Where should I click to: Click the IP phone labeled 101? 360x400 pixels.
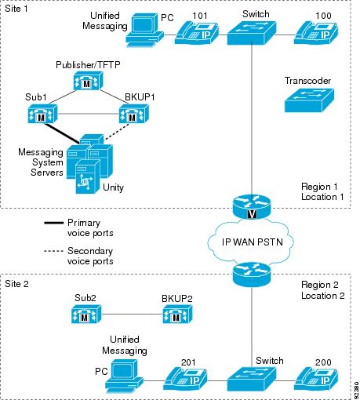point(197,33)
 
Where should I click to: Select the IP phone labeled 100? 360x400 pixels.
point(316,33)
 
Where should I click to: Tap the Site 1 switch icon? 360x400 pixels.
point(252,33)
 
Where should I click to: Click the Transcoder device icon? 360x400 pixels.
point(309,100)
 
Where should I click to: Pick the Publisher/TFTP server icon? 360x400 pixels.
point(88,81)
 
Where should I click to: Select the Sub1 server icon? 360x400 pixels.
point(42,114)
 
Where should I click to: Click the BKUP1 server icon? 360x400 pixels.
point(134,114)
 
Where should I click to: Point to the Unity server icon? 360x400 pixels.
point(88,176)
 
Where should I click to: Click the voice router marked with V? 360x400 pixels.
point(252,208)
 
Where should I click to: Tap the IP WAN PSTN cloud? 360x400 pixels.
point(251,242)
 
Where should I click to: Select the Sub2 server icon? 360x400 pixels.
point(86,314)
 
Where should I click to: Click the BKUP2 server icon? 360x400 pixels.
point(177,314)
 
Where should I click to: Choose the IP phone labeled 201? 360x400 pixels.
point(185,380)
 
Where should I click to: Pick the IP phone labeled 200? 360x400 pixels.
point(316,380)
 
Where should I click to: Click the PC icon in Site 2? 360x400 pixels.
point(125,376)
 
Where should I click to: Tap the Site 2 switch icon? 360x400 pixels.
point(252,379)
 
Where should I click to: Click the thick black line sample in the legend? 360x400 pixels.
point(53,223)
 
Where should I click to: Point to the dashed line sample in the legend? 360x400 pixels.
point(53,251)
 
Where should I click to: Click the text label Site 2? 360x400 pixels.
point(16,284)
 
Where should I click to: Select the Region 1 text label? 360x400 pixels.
point(319,187)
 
